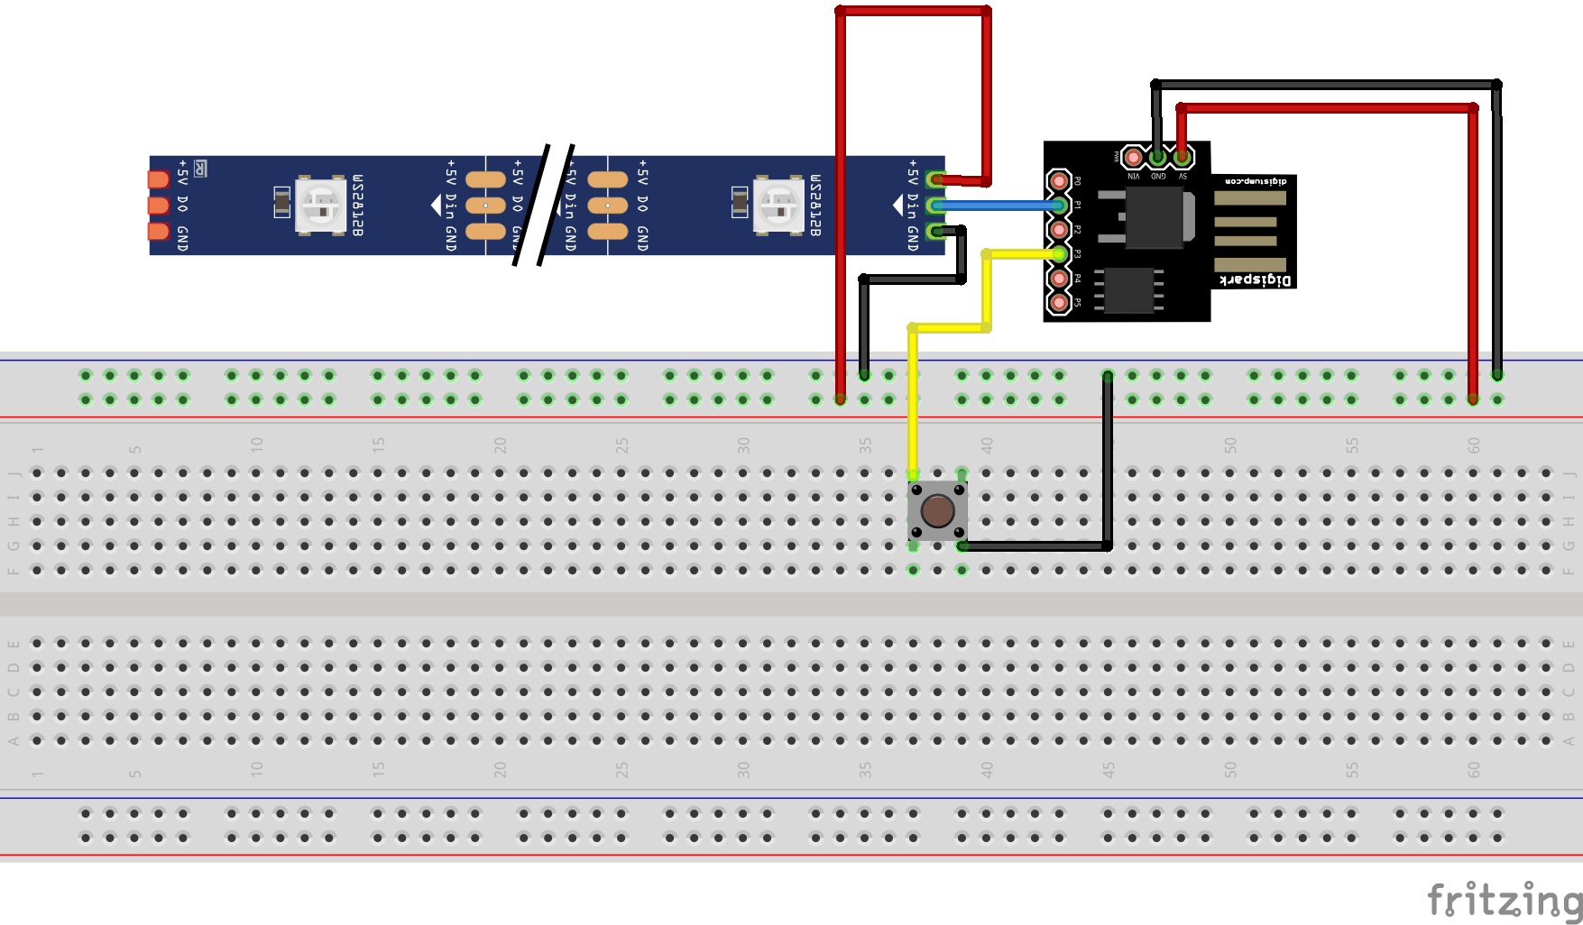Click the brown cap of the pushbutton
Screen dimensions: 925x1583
pyautogui.click(x=937, y=510)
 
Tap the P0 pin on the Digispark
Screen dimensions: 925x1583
pyautogui.click(x=1058, y=181)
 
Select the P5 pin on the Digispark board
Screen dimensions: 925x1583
pyautogui.click(x=1058, y=302)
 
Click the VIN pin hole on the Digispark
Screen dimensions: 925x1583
pyautogui.click(x=1133, y=158)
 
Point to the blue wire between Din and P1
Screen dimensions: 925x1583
pyautogui.click(x=997, y=206)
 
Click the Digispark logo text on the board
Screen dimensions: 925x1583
pyautogui.click(x=1255, y=280)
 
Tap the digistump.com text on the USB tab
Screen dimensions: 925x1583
pyautogui.click(x=1255, y=182)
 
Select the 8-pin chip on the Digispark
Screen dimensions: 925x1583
pyautogui.click(x=1128, y=289)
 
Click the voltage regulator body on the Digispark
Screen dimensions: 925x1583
pyautogui.click(x=1155, y=217)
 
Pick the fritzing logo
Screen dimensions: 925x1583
pyautogui.click(x=1504, y=899)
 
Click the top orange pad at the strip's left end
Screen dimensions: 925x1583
pyautogui.click(x=159, y=179)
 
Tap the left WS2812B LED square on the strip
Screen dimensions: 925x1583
pyautogui.click(x=321, y=206)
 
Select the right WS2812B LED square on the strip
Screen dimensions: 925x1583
pyautogui.click(x=779, y=206)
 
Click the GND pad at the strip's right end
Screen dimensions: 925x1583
pyautogui.click(x=936, y=232)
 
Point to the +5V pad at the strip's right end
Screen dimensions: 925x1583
pyautogui.click(x=936, y=179)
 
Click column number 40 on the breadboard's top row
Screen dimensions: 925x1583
pyautogui.click(x=987, y=444)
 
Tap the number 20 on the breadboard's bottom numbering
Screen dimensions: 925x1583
pyautogui.click(x=500, y=769)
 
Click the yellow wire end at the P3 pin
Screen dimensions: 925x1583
pyautogui.click(x=1058, y=254)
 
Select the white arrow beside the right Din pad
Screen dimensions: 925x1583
pyautogui.click(x=897, y=206)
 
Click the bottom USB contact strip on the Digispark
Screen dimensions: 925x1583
pyautogui.click(x=1250, y=264)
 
